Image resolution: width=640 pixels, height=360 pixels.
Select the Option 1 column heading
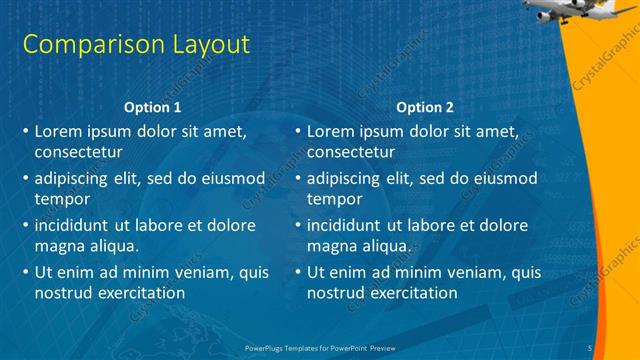tap(152, 107)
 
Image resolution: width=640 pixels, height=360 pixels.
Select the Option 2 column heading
tap(424, 107)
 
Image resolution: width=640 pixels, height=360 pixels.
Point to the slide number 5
tap(590, 347)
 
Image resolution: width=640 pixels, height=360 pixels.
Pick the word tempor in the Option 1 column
tap(62, 199)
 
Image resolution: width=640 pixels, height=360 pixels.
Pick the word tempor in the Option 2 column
tap(334, 199)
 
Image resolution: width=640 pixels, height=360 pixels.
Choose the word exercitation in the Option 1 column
tap(136, 293)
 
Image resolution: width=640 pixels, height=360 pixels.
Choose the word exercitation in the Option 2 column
tap(408, 293)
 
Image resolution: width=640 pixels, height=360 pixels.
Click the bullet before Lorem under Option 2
tap(297, 131)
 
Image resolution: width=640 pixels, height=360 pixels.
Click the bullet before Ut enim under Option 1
tap(25, 272)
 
